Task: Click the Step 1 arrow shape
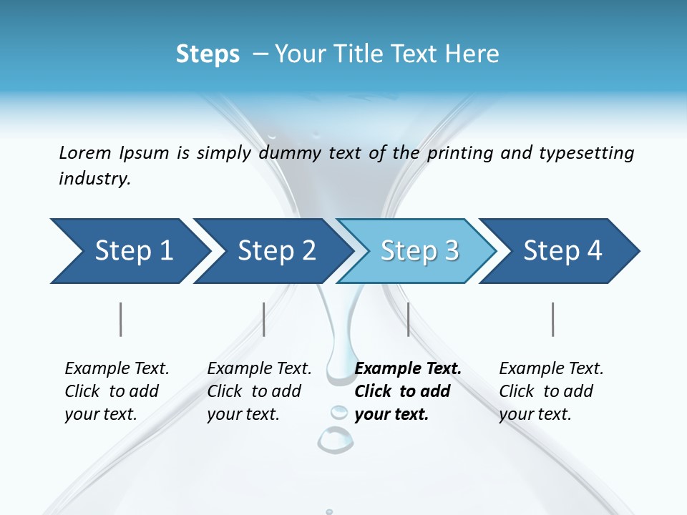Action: tap(129, 251)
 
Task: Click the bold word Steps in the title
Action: tap(208, 54)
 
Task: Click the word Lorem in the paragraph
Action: tap(85, 152)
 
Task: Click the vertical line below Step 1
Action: tap(121, 319)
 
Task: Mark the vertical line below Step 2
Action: tap(264, 319)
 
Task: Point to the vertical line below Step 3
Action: tap(409, 319)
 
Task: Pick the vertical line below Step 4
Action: tap(553, 319)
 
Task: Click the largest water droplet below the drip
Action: tap(335, 439)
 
